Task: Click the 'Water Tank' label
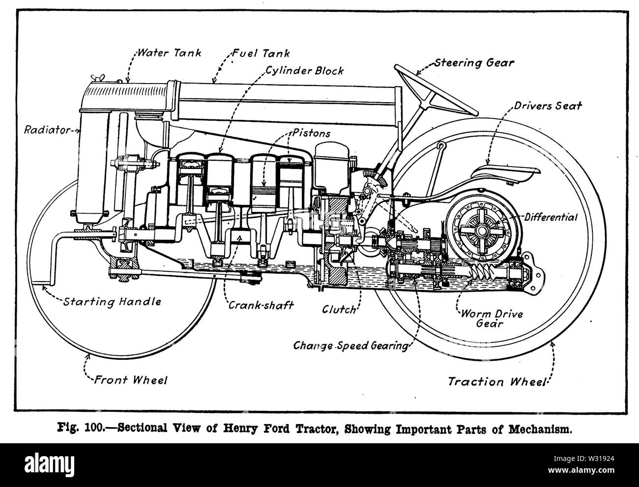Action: (x=169, y=53)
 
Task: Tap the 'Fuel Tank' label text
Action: (x=261, y=53)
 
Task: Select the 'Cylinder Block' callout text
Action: (x=305, y=71)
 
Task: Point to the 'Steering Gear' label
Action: (x=474, y=63)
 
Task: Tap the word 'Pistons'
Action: (x=312, y=133)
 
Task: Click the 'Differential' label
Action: (x=551, y=217)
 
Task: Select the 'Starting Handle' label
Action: (x=112, y=302)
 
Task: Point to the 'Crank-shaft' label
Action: (x=261, y=305)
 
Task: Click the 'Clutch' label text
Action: (x=339, y=310)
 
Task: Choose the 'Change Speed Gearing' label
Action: (x=350, y=345)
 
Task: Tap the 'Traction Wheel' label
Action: (x=496, y=381)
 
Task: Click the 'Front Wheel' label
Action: (x=131, y=380)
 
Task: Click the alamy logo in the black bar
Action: (x=49, y=464)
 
